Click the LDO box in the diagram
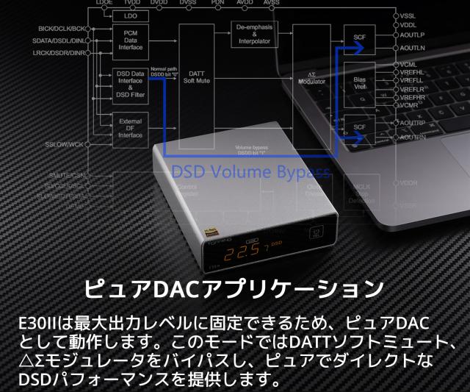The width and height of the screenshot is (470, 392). (x=131, y=15)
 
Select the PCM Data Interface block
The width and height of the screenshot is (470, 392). (x=131, y=40)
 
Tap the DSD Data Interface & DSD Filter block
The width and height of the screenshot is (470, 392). (x=131, y=85)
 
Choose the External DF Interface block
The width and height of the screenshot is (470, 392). (x=131, y=126)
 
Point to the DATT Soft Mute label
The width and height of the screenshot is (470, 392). (x=196, y=77)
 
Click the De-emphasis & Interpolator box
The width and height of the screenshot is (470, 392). (x=254, y=33)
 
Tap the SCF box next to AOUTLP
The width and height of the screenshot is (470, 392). (x=360, y=38)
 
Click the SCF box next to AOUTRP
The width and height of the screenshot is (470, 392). (x=360, y=126)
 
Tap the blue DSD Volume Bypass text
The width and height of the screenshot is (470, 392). (x=250, y=172)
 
